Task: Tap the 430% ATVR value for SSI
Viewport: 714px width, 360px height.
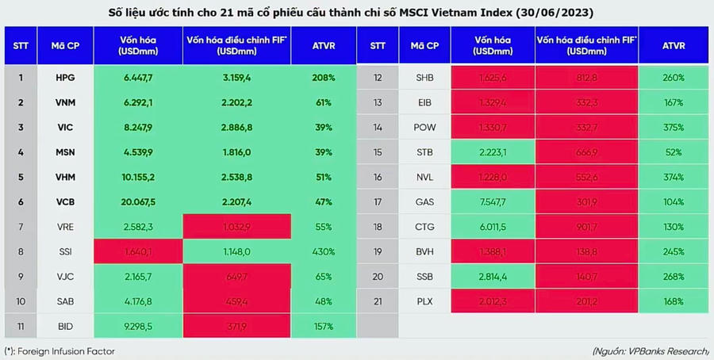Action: [x=323, y=251]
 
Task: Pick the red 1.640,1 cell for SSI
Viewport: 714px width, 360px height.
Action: [x=139, y=251]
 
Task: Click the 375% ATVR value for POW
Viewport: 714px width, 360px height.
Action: [x=673, y=127]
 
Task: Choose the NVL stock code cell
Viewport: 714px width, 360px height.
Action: [x=424, y=177]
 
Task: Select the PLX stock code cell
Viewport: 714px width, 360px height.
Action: [x=424, y=301]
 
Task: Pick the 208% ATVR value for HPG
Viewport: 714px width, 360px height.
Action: [x=323, y=78]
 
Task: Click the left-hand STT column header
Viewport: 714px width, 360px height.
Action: [x=21, y=45]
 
